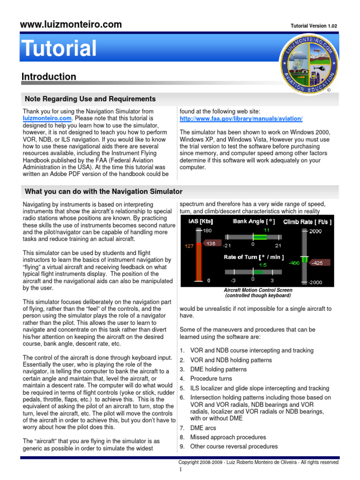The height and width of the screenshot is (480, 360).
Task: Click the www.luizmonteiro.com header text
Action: point(70,24)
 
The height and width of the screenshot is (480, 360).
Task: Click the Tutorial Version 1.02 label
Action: point(314,26)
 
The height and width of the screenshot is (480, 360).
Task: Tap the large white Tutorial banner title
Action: point(59,49)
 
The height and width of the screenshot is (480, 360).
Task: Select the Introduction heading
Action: point(49,76)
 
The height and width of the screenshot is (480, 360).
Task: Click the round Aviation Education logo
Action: point(307,64)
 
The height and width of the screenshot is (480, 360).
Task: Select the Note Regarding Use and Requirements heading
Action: point(90,99)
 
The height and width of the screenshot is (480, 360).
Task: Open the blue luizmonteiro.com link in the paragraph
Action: point(47,119)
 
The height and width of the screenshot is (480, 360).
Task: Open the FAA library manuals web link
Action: point(241,119)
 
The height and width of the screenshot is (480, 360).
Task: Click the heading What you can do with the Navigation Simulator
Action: point(104,191)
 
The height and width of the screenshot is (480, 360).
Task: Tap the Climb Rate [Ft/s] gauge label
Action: point(307,222)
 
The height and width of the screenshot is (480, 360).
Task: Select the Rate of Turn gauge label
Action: point(254,257)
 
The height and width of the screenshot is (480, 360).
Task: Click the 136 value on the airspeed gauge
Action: point(211,243)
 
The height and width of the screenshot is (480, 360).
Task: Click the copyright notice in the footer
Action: point(262,462)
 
